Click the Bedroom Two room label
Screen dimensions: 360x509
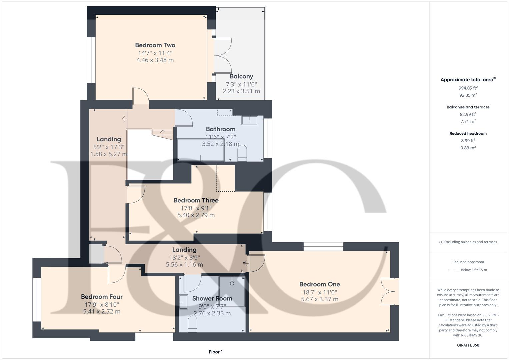pyautogui.click(x=155, y=45)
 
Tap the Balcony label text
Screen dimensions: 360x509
pyautogui.click(x=241, y=76)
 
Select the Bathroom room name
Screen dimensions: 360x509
pyautogui.click(x=220, y=129)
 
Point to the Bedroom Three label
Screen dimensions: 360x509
pyautogui.click(x=196, y=200)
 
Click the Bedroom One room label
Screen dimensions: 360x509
pyautogui.click(x=319, y=284)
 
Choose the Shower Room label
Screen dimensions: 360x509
pyautogui.click(x=212, y=298)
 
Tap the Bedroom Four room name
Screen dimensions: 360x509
pyautogui.click(x=102, y=297)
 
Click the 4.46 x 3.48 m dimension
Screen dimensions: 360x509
pyautogui.click(x=155, y=60)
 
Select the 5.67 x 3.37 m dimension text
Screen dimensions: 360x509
pyautogui.click(x=319, y=299)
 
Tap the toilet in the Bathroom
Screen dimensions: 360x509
pyautogui.click(x=242, y=153)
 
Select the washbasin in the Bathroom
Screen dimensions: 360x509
pyautogui.click(x=249, y=120)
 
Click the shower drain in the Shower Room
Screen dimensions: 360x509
pyautogui.click(x=232, y=283)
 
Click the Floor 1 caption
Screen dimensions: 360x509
pyautogui.click(x=215, y=352)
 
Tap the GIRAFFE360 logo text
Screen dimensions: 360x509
pyautogui.click(x=468, y=345)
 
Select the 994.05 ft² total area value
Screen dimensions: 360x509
pyautogui.click(x=468, y=88)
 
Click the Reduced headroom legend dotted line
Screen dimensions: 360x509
pyautogui.click(x=454, y=270)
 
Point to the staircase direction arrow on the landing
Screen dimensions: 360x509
pyautogui.click(x=124, y=119)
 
